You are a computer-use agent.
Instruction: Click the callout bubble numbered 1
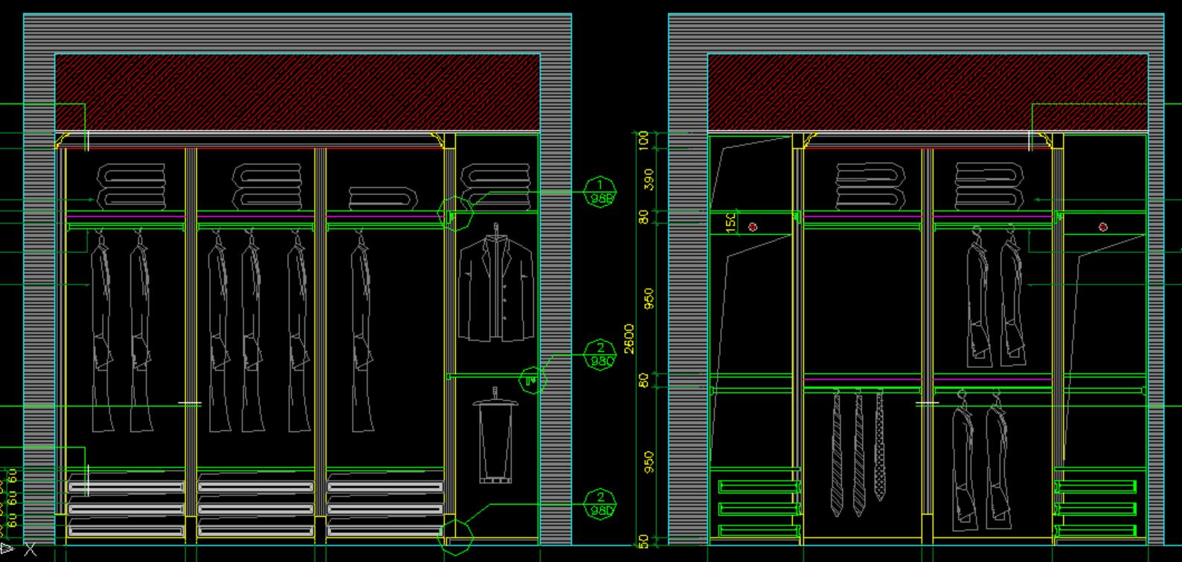tap(600, 192)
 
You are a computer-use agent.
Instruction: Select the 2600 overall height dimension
tap(629, 338)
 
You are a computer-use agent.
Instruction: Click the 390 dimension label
tap(649, 179)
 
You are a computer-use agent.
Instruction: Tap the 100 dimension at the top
tap(644, 139)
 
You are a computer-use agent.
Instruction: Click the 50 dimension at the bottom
tap(644, 542)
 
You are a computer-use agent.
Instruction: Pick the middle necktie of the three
tap(859, 453)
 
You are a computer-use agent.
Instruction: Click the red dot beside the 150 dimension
tap(753, 227)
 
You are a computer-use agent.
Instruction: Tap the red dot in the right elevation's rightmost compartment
tap(1102, 227)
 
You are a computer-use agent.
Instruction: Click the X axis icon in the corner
tap(30, 550)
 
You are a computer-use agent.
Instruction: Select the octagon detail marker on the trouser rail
tap(531, 381)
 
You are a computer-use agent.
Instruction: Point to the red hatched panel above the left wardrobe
tap(298, 92)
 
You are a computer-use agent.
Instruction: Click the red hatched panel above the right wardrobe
tap(927, 92)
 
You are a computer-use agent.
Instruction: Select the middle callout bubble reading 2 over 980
tap(600, 355)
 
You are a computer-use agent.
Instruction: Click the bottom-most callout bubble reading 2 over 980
tap(600, 503)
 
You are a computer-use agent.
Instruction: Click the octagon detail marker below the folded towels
tap(455, 214)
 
